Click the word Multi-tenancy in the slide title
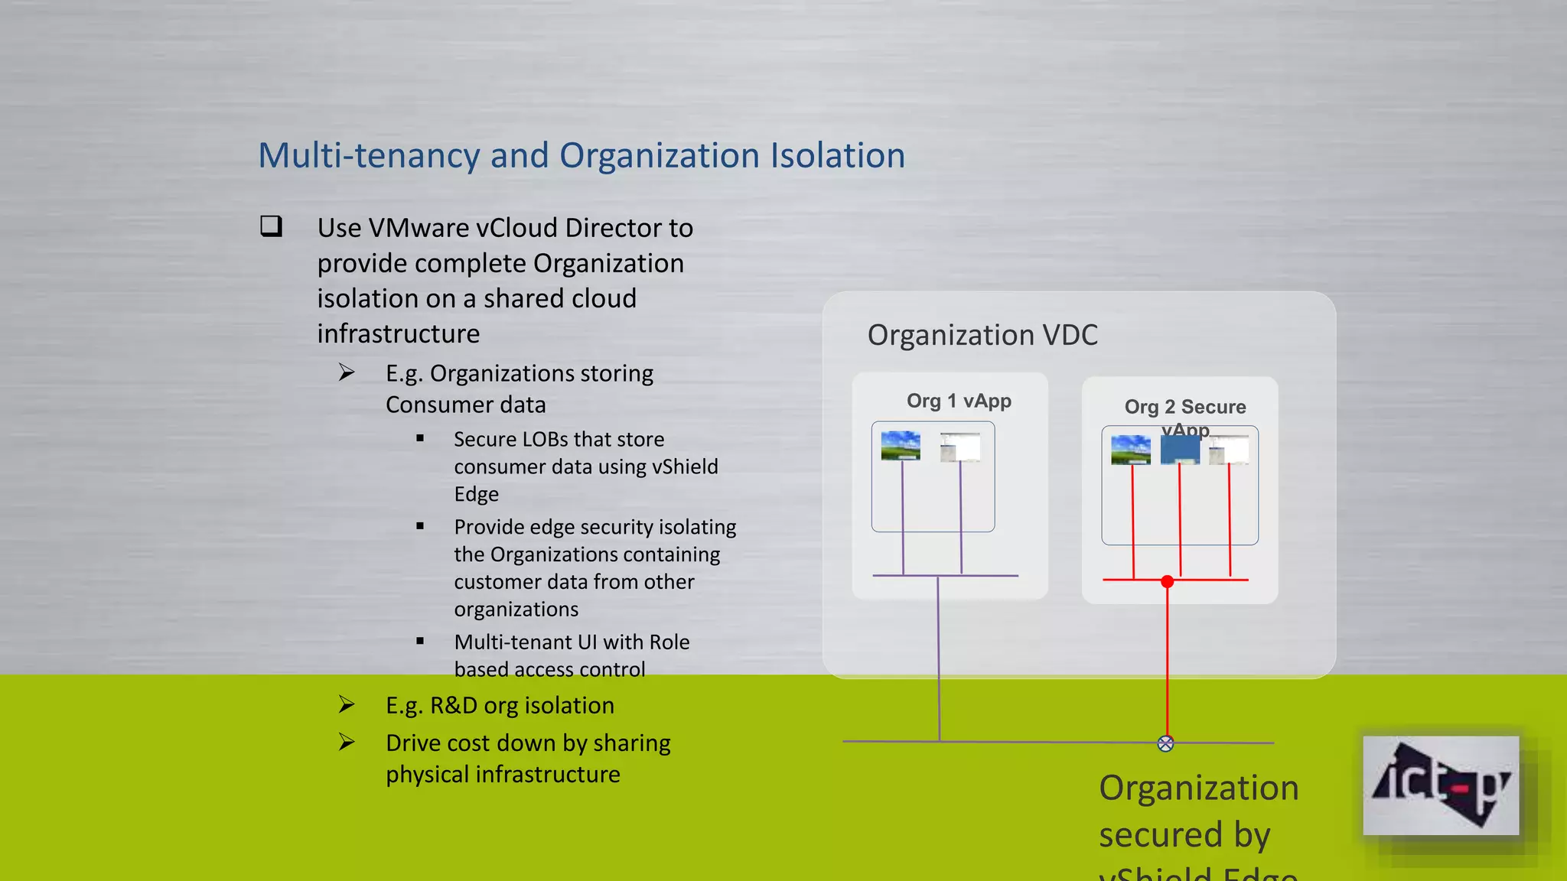[x=368, y=156]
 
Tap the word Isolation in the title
[x=837, y=156]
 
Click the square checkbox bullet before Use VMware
[x=271, y=226]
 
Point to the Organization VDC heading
[x=982, y=335]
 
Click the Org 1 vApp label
[x=959, y=401]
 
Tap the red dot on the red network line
[x=1167, y=582]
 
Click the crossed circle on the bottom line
[x=1165, y=743]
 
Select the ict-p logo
[x=1441, y=785]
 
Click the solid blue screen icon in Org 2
[x=1180, y=450]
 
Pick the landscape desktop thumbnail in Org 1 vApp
[x=901, y=446]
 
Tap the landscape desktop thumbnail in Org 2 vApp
[x=1131, y=450]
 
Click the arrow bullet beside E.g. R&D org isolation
[x=347, y=704]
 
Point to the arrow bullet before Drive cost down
[x=347, y=742]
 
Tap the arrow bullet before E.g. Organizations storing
[x=347, y=372]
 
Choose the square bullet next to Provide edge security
[x=420, y=526]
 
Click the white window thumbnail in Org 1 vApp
[x=960, y=447]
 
